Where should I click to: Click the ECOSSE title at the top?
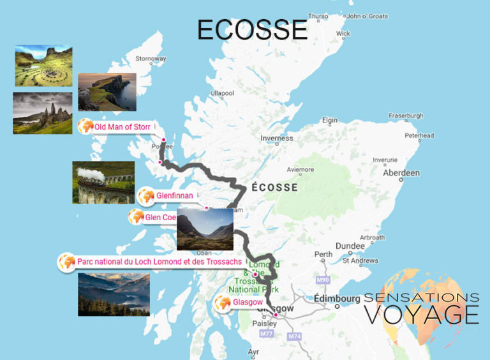click(252, 29)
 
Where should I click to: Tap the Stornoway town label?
click(150, 59)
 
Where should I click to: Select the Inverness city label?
click(276, 138)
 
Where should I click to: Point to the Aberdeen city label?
click(401, 173)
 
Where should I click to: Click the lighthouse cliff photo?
click(107, 92)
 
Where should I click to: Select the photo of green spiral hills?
click(43, 66)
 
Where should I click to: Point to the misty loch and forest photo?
click(114, 294)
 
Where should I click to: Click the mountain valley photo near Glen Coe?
click(205, 229)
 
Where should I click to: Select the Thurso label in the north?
click(317, 17)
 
